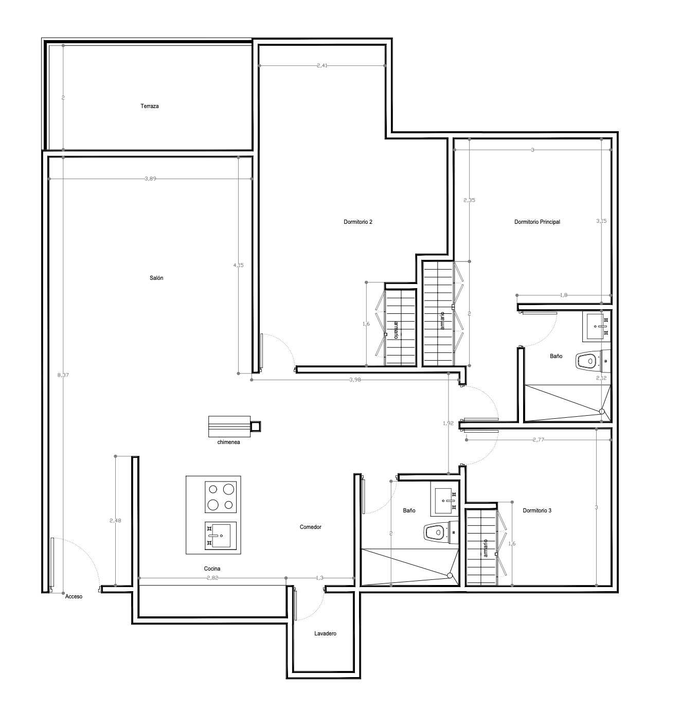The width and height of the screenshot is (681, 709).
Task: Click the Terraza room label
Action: tap(149, 107)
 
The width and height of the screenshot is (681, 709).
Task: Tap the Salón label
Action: tap(156, 278)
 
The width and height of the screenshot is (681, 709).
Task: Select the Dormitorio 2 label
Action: tap(357, 222)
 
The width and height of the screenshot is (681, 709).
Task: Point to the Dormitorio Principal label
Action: tap(537, 222)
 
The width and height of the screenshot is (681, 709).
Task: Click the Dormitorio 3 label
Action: tap(537, 510)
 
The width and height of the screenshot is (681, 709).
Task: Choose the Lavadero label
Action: tap(325, 633)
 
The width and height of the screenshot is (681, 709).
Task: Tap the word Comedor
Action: tap(310, 527)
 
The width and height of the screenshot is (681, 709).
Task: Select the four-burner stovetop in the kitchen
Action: tap(220, 497)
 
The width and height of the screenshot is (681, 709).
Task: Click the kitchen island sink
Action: tap(220, 535)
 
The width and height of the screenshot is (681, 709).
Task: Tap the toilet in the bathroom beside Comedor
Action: tap(441, 534)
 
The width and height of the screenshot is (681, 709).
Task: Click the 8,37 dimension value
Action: tap(63, 375)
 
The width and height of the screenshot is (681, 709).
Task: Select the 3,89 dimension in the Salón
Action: tap(150, 179)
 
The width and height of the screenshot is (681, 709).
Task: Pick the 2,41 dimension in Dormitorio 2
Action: tap(322, 65)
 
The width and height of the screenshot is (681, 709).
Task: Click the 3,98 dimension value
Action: tap(355, 380)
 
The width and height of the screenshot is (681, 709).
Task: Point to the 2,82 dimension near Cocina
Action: tap(212, 578)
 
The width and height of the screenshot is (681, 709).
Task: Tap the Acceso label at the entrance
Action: tap(74, 596)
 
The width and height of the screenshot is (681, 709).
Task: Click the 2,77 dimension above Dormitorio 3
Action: tap(538, 440)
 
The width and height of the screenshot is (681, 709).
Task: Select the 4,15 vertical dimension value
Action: tap(239, 265)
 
